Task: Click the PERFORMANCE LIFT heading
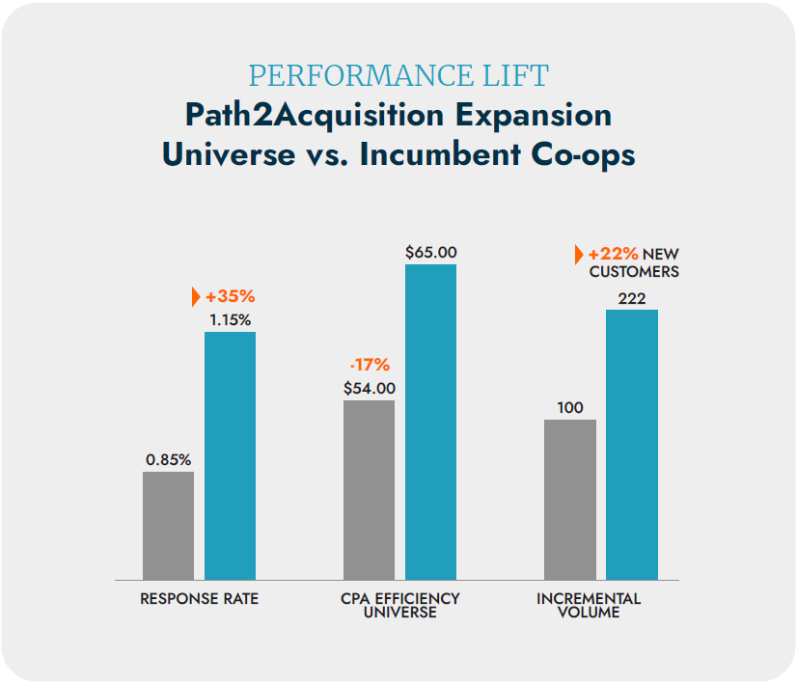[398, 75]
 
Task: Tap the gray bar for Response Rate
[168, 525]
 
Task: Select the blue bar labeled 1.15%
[230, 455]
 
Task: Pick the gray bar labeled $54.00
[369, 489]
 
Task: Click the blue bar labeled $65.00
[430, 422]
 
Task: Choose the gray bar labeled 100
[569, 499]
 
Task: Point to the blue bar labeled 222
[631, 444]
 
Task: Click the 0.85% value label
[169, 459]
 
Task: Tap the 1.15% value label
[230, 318]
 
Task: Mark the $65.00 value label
[430, 252]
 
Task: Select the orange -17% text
[369, 365]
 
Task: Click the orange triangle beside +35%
[196, 296]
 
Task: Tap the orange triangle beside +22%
[579, 254]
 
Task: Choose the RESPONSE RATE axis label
[199, 599]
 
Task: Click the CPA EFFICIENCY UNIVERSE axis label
[399, 606]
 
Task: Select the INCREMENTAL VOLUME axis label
[588, 606]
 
